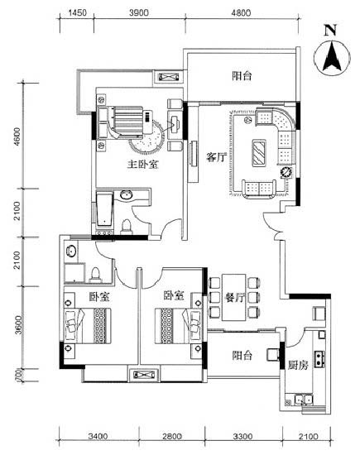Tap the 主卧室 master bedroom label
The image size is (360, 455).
(143, 165)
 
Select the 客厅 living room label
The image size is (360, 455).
(216, 157)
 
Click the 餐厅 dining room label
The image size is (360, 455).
(234, 297)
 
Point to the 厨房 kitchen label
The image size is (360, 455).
(298, 365)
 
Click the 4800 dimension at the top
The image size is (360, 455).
(241, 13)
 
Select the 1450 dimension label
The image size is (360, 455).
(77, 13)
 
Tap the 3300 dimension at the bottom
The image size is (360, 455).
(243, 436)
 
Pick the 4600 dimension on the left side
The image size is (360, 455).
(17, 136)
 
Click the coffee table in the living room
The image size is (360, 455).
(259, 153)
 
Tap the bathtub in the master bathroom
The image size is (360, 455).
(104, 209)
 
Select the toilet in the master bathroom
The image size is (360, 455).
(127, 227)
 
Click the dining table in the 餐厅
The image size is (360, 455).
(234, 297)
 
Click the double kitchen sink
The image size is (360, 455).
(304, 400)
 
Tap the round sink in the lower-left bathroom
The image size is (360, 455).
(71, 251)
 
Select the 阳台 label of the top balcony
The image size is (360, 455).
(242, 76)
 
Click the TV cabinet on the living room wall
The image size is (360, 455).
(193, 161)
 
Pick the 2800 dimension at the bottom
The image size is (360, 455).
(172, 436)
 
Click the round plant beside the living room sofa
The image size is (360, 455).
(286, 173)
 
